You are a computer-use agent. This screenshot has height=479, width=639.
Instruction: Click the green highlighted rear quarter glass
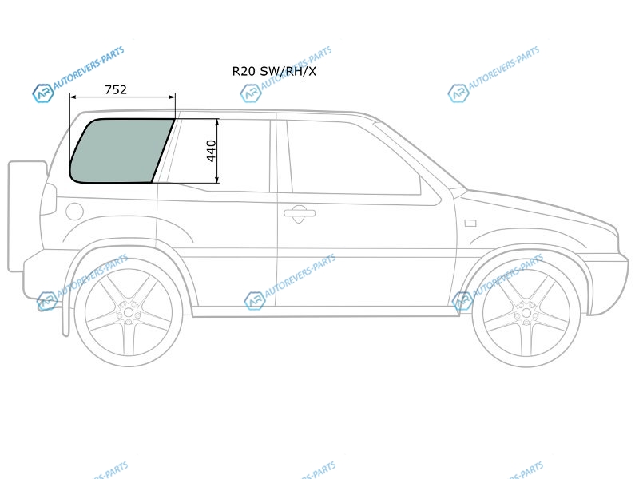pos(121,151)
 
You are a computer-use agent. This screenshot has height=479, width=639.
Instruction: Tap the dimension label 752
pos(116,89)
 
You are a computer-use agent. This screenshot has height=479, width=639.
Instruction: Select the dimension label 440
pos(211,151)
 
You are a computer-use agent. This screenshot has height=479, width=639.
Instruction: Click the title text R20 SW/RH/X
pos(274,71)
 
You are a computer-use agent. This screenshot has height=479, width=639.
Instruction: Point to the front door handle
pos(300,213)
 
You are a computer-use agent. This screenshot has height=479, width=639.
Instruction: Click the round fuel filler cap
pos(74,212)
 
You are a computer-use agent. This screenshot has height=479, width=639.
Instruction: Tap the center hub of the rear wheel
pos(129,313)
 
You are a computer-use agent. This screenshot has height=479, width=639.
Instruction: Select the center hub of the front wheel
pos(526,313)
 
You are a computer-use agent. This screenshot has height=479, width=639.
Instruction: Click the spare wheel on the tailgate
pos(27,216)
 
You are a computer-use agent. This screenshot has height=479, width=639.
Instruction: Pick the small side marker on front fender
pos(470,223)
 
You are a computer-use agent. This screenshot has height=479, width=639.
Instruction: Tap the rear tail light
pos(49,199)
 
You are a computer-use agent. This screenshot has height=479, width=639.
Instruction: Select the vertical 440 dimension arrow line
pos(217,151)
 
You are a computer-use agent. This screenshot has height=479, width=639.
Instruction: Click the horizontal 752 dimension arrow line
pos(122,97)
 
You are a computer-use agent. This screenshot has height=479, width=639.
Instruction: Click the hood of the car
pos(538,208)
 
